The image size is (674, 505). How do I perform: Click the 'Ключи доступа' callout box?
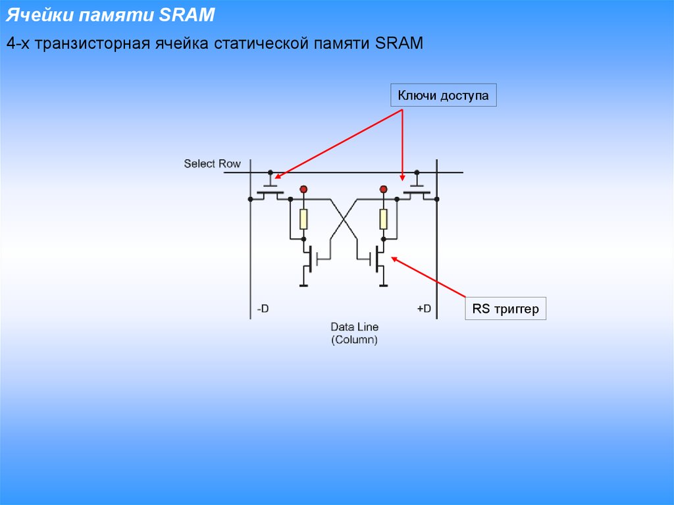443,95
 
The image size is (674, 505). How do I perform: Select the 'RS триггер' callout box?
505,308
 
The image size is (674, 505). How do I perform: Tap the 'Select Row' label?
212,163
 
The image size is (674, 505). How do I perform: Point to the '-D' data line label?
263,308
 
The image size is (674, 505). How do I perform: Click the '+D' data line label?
424,308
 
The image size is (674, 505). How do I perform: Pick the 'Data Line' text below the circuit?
354,327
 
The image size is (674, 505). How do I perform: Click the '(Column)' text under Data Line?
354,340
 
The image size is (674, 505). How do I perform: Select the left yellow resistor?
303,219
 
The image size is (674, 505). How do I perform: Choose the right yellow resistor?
384,219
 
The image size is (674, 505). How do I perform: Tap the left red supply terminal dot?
303,189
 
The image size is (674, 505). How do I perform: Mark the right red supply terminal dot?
384,189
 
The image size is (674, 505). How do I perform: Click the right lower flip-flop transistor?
374,259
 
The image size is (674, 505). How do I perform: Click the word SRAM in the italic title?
186,14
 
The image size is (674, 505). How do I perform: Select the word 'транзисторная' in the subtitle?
92,43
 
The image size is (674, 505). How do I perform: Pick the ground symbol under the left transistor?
303,284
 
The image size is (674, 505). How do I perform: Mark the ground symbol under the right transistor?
384,284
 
